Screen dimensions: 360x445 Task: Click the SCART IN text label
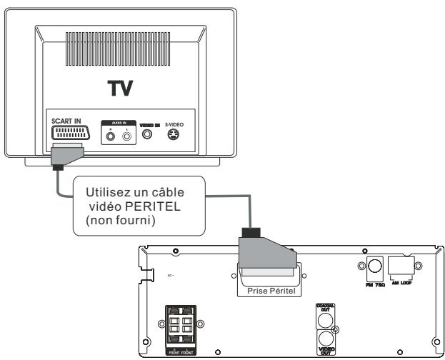click(66, 120)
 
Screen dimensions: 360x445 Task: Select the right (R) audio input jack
click(111, 133)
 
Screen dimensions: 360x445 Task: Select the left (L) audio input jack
click(126, 133)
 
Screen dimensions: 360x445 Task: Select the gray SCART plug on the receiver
click(266, 256)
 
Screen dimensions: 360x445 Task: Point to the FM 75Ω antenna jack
click(372, 269)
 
